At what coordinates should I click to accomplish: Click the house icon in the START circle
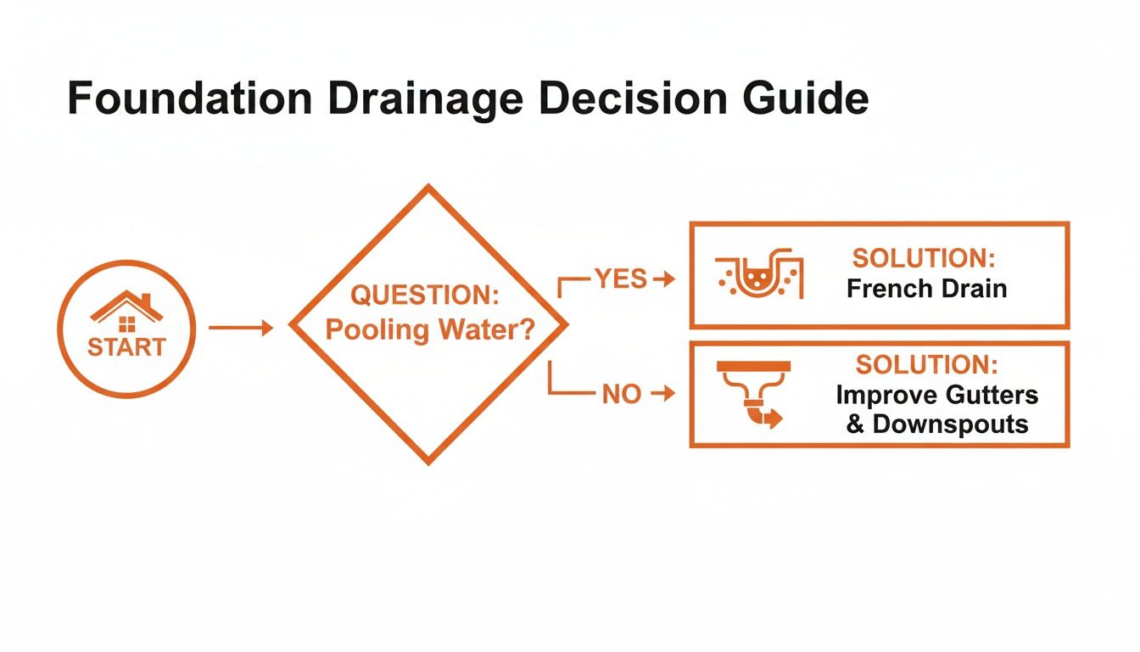pyautogui.click(x=126, y=312)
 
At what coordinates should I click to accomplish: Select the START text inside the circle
pyautogui.click(x=126, y=348)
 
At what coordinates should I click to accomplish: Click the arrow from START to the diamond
pyautogui.click(x=241, y=328)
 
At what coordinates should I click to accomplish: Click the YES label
pyautogui.click(x=620, y=278)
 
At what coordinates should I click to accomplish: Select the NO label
pyautogui.click(x=621, y=395)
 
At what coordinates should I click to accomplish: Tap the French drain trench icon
pyautogui.click(x=758, y=276)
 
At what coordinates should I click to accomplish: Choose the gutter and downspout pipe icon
pyautogui.click(x=753, y=395)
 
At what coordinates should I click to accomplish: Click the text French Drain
pyautogui.click(x=926, y=289)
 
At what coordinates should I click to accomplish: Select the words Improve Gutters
pyautogui.click(x=936, y=396)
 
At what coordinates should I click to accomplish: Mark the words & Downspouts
pyautogui.click(x=936, y=424)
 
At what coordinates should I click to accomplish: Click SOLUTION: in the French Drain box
pyautogui.click(x=923, y=257)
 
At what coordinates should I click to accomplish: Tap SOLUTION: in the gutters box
pyautogui.click(x=926, y=365)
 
